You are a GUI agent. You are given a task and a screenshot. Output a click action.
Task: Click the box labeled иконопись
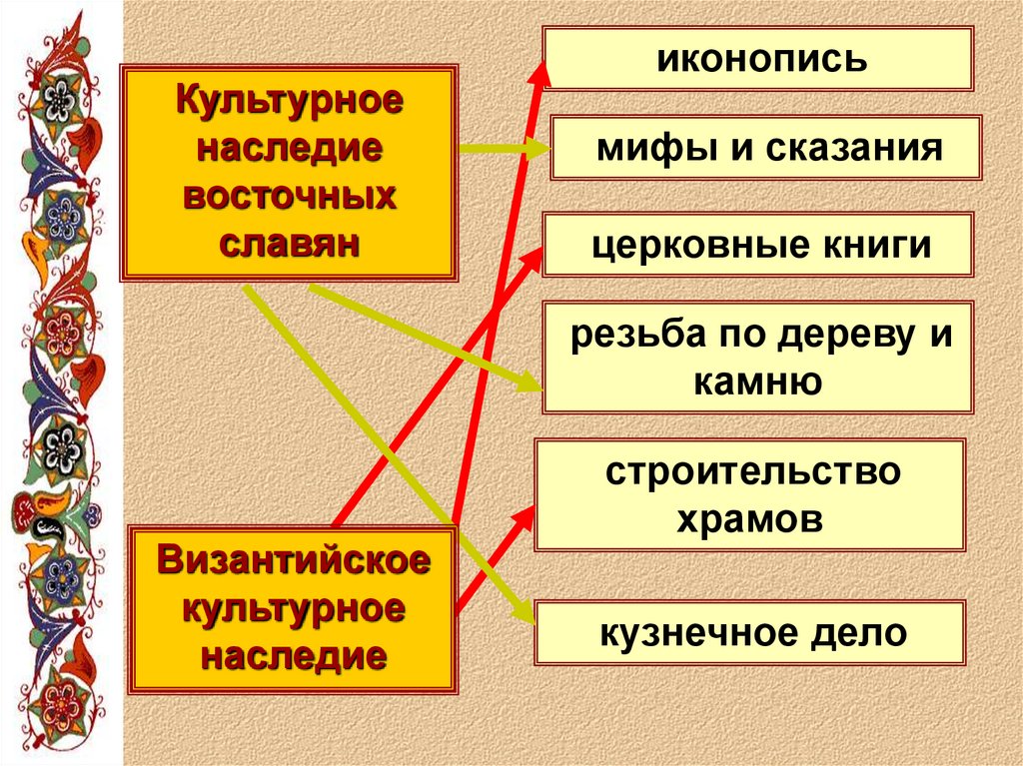pos(758,59)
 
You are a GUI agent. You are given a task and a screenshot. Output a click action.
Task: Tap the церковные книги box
pos(758,245)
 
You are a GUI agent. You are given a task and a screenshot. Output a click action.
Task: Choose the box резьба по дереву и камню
pos(758,357)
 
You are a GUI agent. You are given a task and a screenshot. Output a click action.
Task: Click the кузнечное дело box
pos(751,632)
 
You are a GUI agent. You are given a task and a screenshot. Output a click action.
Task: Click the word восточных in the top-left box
pos(289,197)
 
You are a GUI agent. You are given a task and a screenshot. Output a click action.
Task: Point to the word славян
pos(289,244)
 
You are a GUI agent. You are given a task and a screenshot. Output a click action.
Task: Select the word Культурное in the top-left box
pos(290,103)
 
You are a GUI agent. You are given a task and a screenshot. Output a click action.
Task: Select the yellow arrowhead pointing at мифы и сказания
pos(538,150)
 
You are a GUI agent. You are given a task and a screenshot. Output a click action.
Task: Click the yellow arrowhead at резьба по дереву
pos(529,383)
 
